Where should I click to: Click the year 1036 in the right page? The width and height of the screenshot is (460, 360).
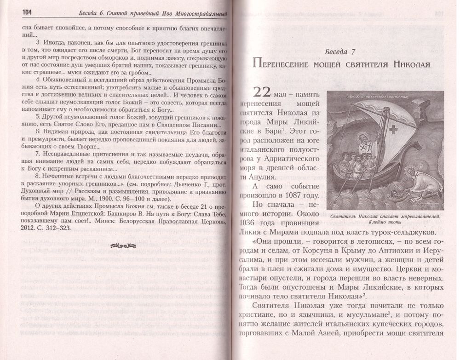click(x=251, y=224)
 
